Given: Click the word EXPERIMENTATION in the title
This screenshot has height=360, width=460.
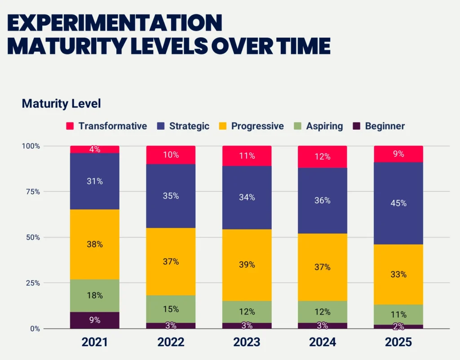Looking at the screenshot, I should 115,23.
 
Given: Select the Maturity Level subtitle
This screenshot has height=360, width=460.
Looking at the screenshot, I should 61,104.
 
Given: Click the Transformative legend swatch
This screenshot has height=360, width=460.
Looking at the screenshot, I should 70,126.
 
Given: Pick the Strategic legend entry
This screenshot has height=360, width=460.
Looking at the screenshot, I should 183,126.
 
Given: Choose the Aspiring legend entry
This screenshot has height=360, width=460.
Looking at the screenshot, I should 318,126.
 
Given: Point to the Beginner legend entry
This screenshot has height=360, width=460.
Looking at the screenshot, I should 379,126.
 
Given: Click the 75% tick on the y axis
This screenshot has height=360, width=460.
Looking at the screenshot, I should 31,192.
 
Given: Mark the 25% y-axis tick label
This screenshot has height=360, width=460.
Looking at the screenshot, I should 31,283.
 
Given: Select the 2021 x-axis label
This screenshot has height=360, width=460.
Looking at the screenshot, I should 95,342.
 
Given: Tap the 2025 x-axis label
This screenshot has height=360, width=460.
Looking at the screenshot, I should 398,342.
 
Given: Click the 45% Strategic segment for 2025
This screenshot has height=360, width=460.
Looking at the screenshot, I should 398,203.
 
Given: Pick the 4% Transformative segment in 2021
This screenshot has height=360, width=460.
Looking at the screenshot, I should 95,149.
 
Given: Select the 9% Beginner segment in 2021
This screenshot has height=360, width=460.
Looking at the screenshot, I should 95,320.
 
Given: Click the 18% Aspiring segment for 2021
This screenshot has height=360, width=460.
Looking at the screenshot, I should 95,296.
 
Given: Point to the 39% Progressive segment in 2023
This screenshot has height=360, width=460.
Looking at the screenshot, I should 247,265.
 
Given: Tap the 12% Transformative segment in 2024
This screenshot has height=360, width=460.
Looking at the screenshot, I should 323,157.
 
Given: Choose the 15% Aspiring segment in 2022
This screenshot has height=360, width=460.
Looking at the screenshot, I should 171,309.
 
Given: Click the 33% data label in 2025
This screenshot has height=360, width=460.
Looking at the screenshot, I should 398,274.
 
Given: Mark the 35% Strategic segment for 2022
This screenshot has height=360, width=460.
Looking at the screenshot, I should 171,196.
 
